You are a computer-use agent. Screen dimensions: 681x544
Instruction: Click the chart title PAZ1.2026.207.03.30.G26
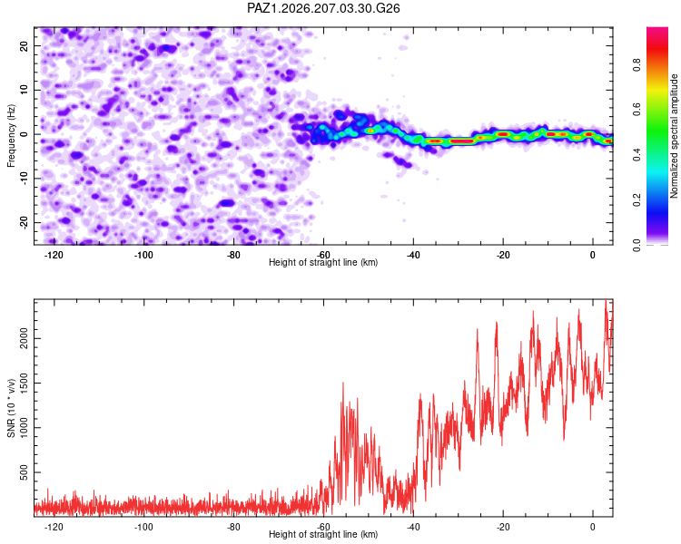(323, 8)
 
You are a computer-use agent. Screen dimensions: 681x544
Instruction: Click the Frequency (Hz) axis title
(11, 136)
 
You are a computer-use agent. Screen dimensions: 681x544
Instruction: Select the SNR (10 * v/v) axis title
(11, 408)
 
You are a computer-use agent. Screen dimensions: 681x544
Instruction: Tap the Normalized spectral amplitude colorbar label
(674, 136)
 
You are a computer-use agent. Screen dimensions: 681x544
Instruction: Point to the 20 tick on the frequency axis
(24, 45)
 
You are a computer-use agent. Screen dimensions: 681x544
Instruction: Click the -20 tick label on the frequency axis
(24, 222)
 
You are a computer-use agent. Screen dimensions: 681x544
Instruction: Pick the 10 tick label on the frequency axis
(24, 90)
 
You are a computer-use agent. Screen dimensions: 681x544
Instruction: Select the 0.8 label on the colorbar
(637, 64)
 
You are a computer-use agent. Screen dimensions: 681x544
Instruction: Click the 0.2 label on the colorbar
(637, 199)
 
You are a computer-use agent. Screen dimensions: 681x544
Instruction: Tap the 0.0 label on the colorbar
(637, 245)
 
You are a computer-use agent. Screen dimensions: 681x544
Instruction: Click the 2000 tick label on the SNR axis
(24, 338)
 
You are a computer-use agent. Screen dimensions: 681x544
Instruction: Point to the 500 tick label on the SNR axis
(24, 472)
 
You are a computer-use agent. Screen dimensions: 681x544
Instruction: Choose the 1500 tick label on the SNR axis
(24, 383)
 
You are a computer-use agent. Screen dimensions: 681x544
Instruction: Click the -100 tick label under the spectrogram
(143, 255)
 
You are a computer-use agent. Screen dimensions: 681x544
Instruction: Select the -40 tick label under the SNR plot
(413, 527)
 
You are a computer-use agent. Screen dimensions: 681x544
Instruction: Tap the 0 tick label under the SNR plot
(593, 527)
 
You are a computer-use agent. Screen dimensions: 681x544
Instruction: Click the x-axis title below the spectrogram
(323, 262)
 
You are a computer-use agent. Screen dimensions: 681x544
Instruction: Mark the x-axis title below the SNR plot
(323, 534)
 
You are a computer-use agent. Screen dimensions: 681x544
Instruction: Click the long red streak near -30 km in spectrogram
(461, 141)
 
